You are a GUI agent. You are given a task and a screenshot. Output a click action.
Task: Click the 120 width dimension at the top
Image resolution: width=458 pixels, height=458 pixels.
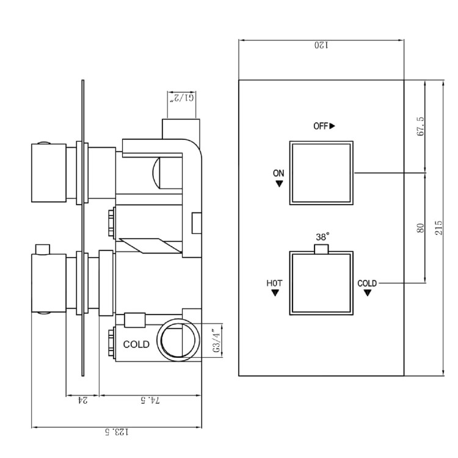click(321, 46)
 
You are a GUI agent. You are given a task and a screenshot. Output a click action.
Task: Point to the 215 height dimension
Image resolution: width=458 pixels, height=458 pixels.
click(438, 227)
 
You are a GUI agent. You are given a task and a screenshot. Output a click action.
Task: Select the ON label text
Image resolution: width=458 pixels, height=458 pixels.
click(278, 173)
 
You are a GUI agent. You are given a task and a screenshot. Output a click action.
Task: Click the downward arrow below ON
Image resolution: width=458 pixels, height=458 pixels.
click(279, 183)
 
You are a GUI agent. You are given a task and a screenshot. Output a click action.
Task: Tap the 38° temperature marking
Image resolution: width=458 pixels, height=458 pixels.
click(322, 236)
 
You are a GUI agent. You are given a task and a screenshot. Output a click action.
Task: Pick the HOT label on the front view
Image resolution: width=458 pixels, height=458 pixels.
click(274, 283)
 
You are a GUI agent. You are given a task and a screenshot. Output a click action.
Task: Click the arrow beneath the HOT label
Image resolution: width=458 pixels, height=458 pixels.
click(275, 293)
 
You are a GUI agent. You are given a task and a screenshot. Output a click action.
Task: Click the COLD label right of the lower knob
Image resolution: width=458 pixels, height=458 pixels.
click(367, 283)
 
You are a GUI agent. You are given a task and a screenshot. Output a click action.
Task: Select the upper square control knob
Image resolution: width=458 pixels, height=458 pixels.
click(322, 173)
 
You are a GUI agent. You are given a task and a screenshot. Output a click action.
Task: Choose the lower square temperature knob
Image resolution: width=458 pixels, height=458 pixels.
click(322, 283)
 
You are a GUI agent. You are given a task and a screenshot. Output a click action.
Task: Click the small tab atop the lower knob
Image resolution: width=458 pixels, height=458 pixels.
click(322, 248)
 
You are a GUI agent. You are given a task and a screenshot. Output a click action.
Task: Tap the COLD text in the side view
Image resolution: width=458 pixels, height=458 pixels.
click(136, 344)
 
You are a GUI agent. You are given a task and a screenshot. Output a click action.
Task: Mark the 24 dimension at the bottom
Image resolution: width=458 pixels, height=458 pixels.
click(82, 401)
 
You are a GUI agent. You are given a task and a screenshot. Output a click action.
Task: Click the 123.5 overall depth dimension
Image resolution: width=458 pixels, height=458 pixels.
click(117, 432)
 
